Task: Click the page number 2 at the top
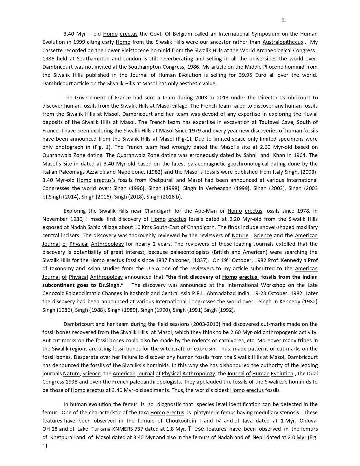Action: (x=284, y=20)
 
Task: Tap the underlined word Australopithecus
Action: (x=283, y=42)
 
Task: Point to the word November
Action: (x=55, y=219)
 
